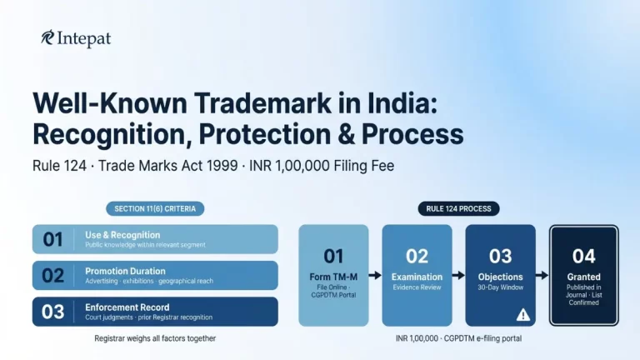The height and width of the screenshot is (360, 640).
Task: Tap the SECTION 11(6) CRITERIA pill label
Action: point(155,208)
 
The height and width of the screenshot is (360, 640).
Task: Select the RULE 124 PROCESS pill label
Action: point(458,208)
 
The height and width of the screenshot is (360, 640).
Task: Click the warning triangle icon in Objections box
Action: point(523,314)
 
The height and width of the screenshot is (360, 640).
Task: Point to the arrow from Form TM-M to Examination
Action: point(375,274)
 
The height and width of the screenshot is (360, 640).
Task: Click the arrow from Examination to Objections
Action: point(458,274)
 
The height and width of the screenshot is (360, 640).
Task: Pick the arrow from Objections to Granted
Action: point(542,274)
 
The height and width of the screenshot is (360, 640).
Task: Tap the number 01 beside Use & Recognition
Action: point(52,239)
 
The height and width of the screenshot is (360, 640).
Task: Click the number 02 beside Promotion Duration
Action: point(52,275)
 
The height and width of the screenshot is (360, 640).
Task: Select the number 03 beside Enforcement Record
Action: point(52,312)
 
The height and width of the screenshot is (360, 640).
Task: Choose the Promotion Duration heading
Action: point(125,271)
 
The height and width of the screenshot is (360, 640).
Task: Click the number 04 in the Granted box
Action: point(583,255)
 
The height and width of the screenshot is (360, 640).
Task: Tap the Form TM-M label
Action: point(333,277)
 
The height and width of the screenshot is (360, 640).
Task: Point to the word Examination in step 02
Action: point(417,277)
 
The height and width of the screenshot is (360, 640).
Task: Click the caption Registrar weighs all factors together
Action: point(155,339)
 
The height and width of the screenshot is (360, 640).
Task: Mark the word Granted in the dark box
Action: point(583,277)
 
